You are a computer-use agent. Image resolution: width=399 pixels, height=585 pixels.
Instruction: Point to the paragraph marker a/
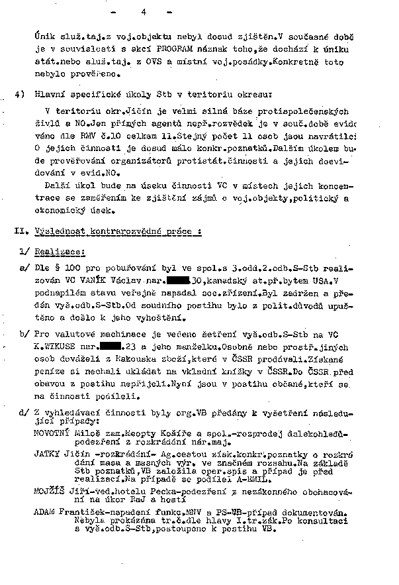[24, 270]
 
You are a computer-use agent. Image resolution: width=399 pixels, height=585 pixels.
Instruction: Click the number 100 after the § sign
[73, 270]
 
